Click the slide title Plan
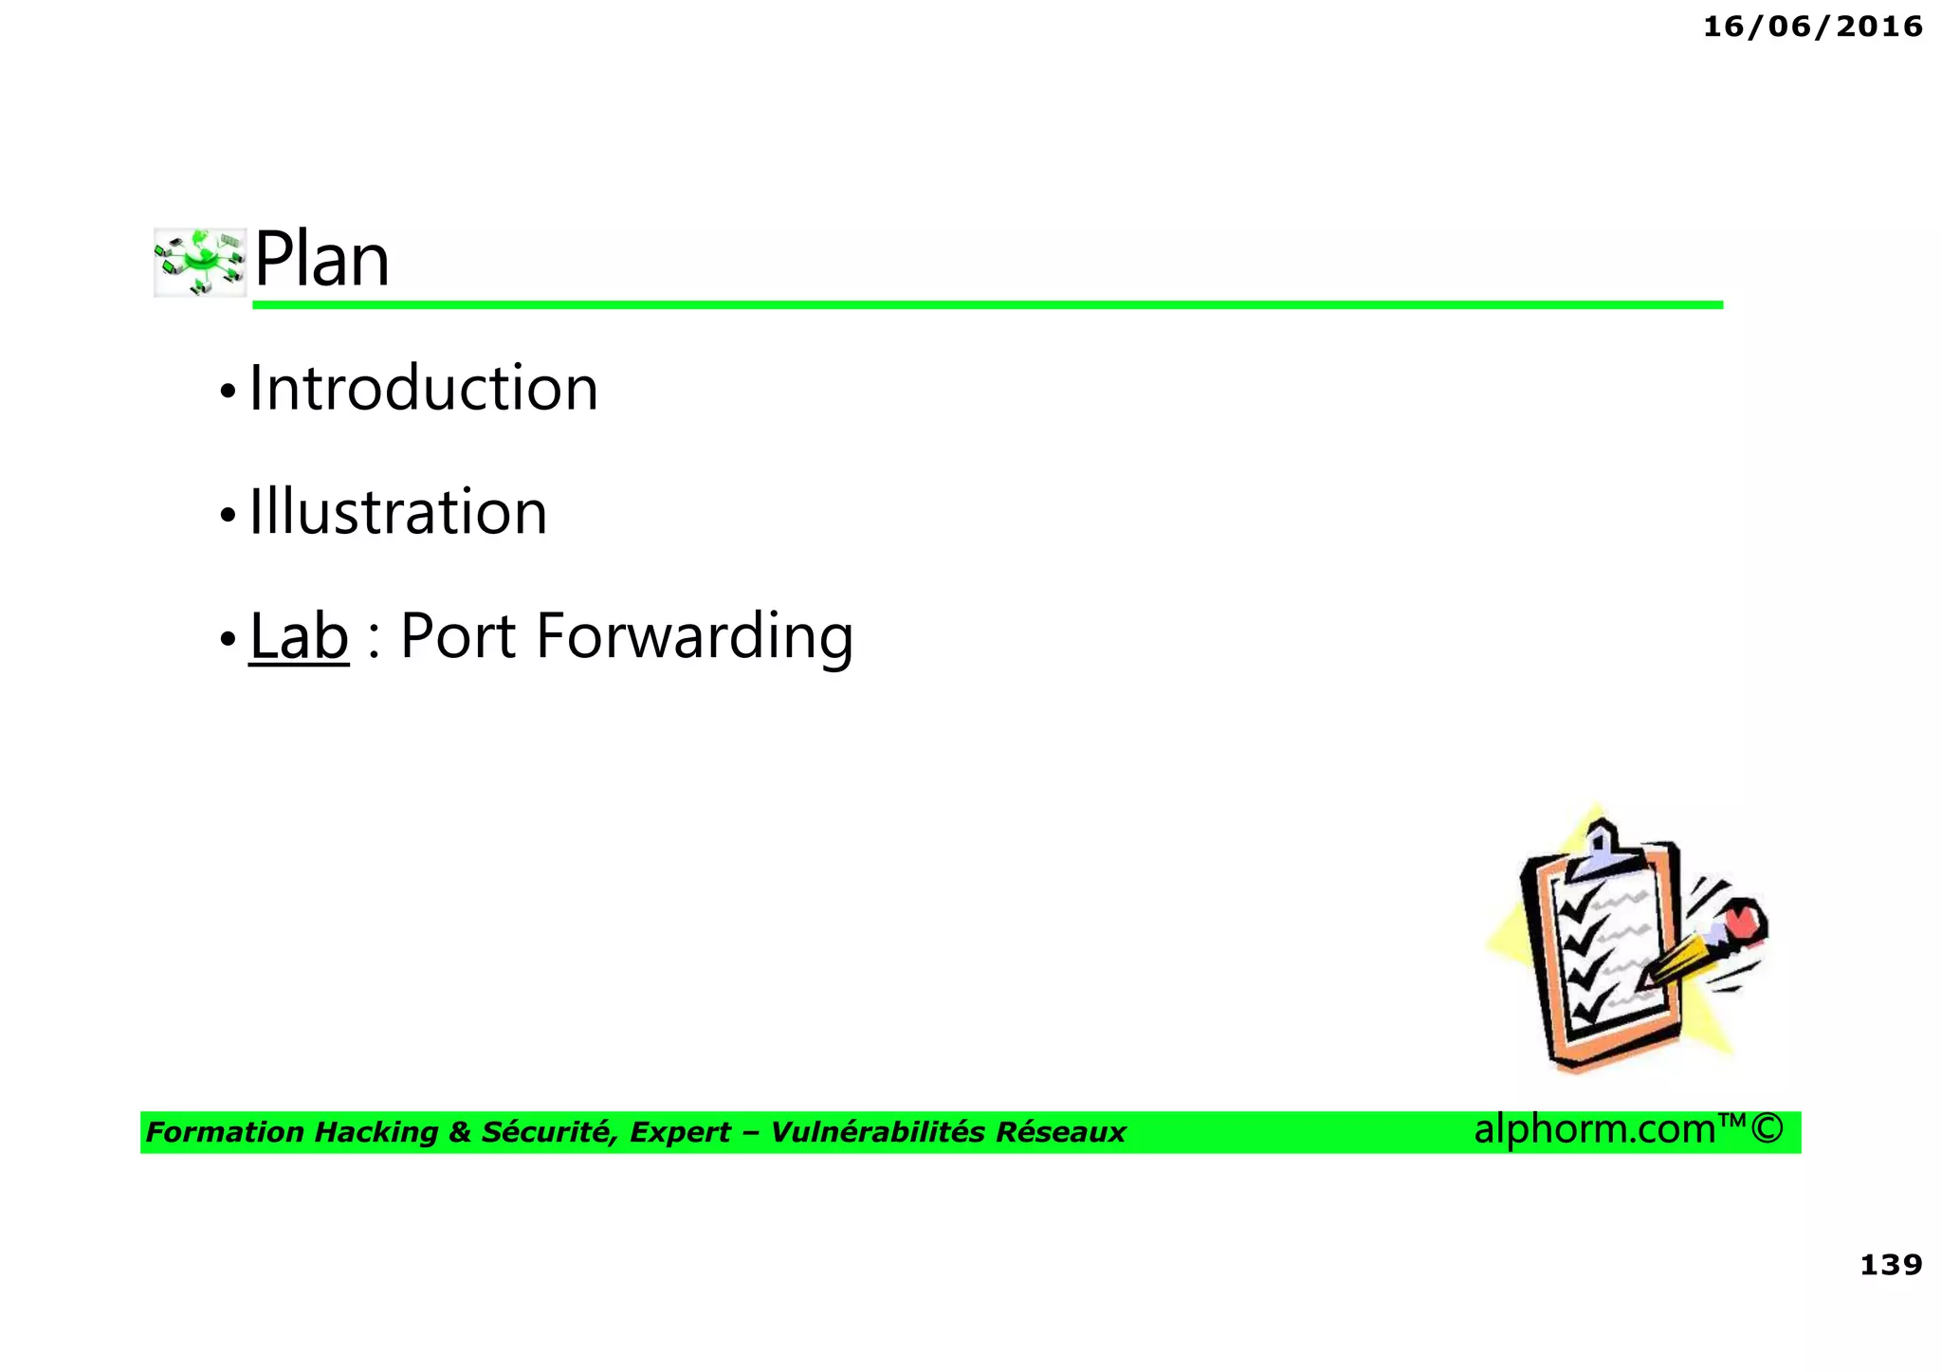pos(321,259)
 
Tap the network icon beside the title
pos(200,262)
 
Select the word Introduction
pos(423,389)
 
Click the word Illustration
pos(398,513)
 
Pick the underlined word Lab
pos(299,636)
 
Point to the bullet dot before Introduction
pos(227,391)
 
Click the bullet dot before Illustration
pos(227,515)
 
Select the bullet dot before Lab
pos(227,639)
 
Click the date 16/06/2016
pos(1812,27)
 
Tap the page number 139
pos(1891,1265)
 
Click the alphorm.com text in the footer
pos(1595,1129)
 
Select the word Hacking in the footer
pos(376,1132)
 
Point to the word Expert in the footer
pos(680,1132)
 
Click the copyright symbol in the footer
pos(1767,1129)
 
